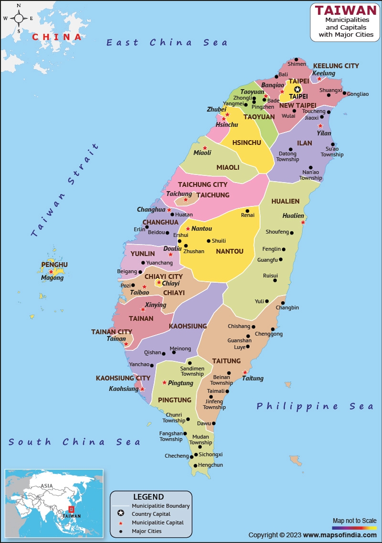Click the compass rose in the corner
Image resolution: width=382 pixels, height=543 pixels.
click(x=19, y=19)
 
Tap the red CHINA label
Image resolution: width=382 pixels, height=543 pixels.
click(x=57, y=37)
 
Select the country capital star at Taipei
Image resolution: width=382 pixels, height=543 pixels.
click(x=297, y=89)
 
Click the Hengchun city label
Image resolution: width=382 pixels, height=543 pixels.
click(x=211, y=465)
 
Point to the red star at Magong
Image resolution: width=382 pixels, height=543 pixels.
click(x=51, y=272)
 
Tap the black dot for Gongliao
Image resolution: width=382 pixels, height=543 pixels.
click(x=344, y=93)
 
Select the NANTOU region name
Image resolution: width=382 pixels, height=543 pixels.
click(x=230, y=251)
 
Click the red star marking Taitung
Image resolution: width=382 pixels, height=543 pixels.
click(x=245, y=372)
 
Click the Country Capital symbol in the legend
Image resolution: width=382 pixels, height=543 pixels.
click(x=121, y=513)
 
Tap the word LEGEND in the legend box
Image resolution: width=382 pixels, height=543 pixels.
click(x=149, y=497)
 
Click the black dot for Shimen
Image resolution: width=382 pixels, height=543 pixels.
click(x=296, y=59)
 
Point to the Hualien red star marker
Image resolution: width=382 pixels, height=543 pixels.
click(x=303, y=222)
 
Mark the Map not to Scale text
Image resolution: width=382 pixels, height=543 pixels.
click(x=354, y=520)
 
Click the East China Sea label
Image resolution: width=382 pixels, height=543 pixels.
click(x=167, y=42)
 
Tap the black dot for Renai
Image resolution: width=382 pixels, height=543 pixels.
click(x=247, y=211)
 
